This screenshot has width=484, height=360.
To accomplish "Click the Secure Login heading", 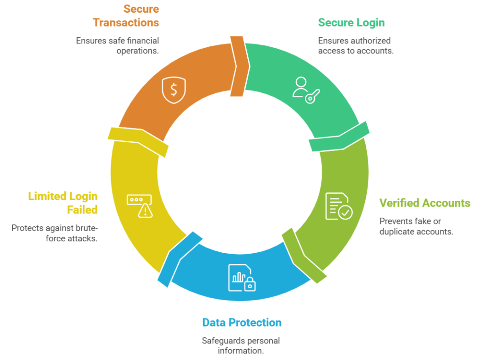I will tap(351, 23).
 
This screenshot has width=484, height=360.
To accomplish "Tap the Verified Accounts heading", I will tap(424, 203).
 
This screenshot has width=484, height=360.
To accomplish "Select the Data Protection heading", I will tap(242, 323).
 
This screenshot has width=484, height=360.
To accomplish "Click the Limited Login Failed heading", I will tap(63, 203).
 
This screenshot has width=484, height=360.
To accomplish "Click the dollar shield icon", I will tap(173, 90).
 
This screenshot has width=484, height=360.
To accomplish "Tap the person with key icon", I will tap(306, 90).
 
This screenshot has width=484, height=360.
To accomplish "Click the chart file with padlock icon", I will tap(242, 277).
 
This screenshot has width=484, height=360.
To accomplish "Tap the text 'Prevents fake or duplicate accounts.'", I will tap(416, 226).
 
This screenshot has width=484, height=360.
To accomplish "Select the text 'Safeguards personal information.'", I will tap(241, 345).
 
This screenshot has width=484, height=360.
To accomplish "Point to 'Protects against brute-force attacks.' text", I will tap(54, 233).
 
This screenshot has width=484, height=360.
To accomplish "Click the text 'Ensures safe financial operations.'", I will tap(117, 46).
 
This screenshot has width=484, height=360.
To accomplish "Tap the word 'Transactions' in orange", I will tap(126, 22).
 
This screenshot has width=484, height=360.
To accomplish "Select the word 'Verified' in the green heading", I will tap(399, 203).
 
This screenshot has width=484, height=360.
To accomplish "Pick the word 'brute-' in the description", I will tap(86, 228).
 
